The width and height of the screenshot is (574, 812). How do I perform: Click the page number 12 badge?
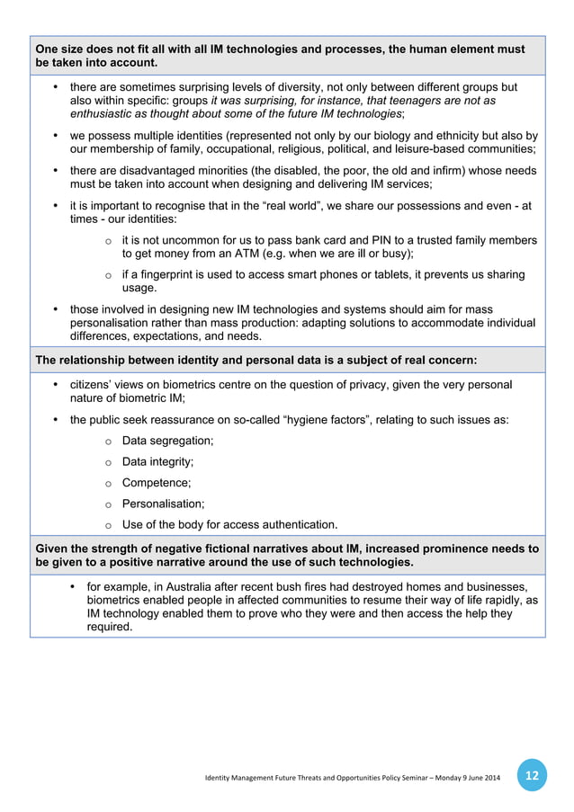click(x=532, y=774)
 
